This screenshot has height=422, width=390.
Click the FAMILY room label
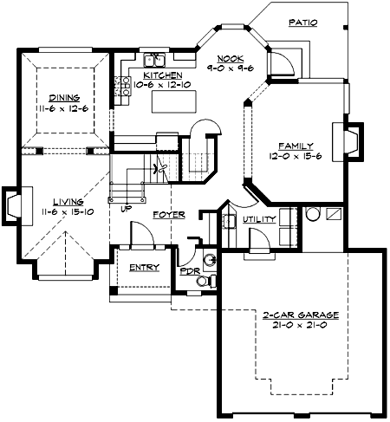(295, 146)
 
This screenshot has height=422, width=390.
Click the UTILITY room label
(259, 219)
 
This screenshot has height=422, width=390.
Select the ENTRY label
(144, 267)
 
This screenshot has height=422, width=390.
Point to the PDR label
(189, 270)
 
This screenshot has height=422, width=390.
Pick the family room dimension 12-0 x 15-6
(295, 157)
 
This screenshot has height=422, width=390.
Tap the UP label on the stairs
(127, 209)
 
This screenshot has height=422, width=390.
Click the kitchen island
(172, 102)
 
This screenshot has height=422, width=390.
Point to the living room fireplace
(13, 204)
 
